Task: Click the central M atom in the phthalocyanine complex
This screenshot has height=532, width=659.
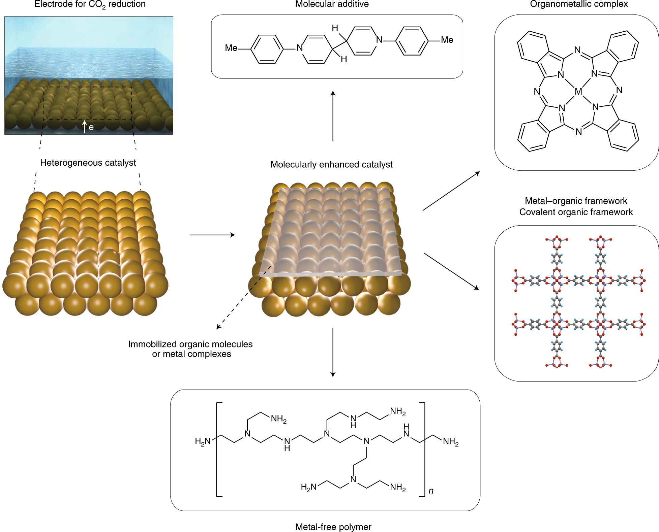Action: pyautogui.click(x=578, y=91)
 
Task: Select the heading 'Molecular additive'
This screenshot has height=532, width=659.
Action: pyautogui.click(x=332, y=4)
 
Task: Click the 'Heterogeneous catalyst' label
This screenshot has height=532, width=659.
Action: pyautogui.click(x=88, y=163)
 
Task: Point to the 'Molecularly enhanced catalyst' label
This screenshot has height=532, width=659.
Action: pyautogui.click(x=331, y=165)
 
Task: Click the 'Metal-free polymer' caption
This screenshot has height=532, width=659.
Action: pyautogui.click(x=333, y=527)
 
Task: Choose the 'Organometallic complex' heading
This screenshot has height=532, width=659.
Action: pyautogui.click(x=579, y=4)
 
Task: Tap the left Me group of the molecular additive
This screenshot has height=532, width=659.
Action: pyautogui.click(x=231, y=48)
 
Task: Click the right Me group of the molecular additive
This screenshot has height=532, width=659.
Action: pyautogui.click(x=447, y=40)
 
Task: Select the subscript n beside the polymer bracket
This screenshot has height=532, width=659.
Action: pyautogui.click(x=431, y=491)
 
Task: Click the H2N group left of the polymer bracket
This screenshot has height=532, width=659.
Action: pyautogui.click(x=203, y=441)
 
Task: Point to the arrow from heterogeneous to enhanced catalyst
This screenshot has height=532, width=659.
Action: pyautogui.click(x=212, y=235)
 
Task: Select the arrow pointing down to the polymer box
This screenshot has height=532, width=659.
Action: pyautogui.click(x=333, y=352)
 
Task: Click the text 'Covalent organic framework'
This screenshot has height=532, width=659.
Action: pyautogui.click(x=576, y=212)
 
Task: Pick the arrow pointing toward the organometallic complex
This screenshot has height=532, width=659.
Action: pyautogui.click(x=451, y=191)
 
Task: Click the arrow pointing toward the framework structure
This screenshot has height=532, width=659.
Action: pyautogui.click(x=451, y=271)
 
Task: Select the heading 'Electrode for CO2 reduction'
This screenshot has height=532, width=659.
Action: pyautogui.click(x=90, y=4)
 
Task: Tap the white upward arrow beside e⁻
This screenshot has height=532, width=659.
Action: pyautogui.click(x=85, y=127)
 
